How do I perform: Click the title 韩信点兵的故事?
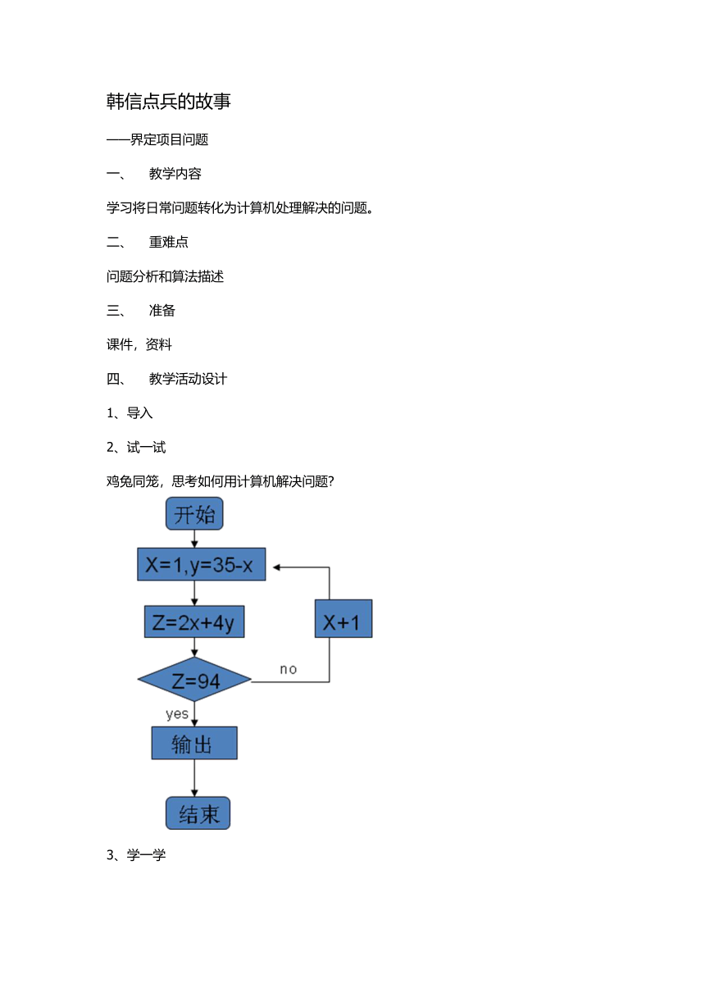click(x=168, y=102)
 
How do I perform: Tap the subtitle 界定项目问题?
click(x=169, y=139)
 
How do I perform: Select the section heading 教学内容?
click(x=175, y=174)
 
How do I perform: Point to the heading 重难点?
click(x=169, y=242)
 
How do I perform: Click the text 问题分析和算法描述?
click(x=165, y=276)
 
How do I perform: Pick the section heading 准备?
click(x=162, y=310)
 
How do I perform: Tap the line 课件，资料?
click(x=139, y=344)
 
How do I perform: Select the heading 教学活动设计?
click(x=188, y=379)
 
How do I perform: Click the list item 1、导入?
click(x=130, y=413)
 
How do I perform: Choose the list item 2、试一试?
click(x=136, y=448)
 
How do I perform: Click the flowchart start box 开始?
click(x=194, y=513)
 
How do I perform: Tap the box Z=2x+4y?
click(x=194, y=621)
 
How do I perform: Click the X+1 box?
click(x=343, y=619)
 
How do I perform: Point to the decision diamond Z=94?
click(x=194, y=679)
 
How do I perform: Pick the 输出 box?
click(x=194, y=743)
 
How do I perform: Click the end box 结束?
click(x=198, y=813)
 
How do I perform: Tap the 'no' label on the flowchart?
click(x=289, y=669)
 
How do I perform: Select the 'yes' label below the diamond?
click(x=177, y=714)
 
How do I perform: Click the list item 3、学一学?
click(x=136, y=854)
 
